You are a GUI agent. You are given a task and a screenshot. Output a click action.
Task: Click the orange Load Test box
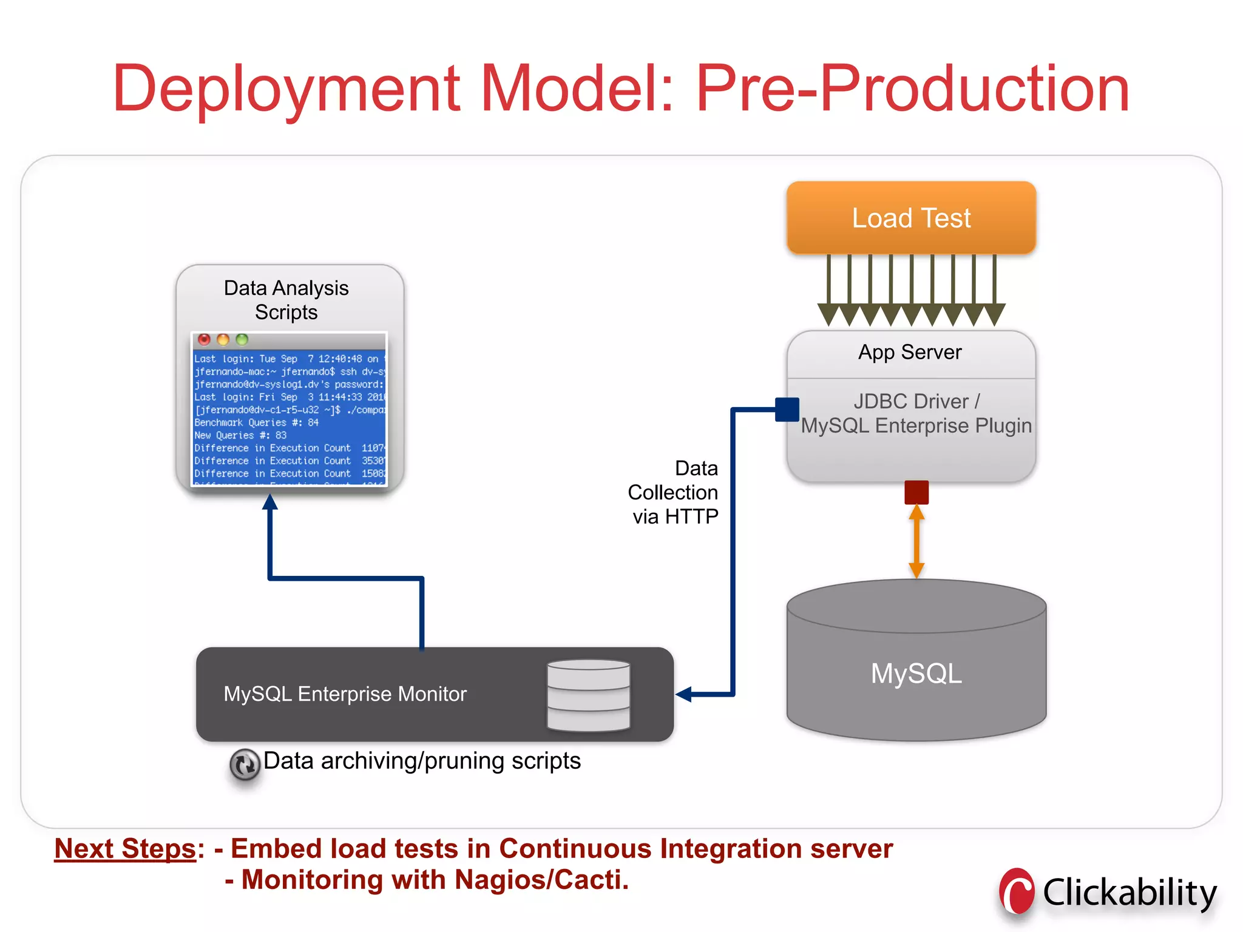point(911,217)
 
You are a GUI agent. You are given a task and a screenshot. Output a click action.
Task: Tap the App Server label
point(910,352)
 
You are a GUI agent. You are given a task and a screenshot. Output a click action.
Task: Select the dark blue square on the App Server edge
point(787,410)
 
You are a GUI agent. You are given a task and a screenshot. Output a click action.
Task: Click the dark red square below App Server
point(916,492)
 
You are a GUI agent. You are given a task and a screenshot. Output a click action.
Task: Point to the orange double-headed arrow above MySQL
point(916,541)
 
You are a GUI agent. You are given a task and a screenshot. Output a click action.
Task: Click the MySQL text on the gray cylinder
point(916,674)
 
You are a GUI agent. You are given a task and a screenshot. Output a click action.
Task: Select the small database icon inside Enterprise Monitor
point(588,695)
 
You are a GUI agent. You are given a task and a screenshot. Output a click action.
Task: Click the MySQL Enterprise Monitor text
point(345,694)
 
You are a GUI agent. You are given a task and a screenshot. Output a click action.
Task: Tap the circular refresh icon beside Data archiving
point(245,765)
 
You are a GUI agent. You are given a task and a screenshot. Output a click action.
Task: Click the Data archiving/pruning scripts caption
point(422,761)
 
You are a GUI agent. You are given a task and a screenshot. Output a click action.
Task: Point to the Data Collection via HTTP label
point(674,492)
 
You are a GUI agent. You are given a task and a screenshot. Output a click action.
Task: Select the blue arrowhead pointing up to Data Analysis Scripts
point(270,502)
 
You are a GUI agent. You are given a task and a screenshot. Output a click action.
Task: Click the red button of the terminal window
point(204,340)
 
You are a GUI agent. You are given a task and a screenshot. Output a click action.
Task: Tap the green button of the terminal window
point(242,340)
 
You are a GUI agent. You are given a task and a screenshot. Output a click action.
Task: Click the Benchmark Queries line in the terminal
point(256,422)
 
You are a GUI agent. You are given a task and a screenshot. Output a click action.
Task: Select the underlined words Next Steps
point(125,849)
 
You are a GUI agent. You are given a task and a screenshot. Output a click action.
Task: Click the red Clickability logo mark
point(1017,891)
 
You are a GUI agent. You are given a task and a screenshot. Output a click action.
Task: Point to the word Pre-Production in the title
point(912,89)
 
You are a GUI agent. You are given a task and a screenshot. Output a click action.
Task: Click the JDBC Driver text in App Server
point(916,401)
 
